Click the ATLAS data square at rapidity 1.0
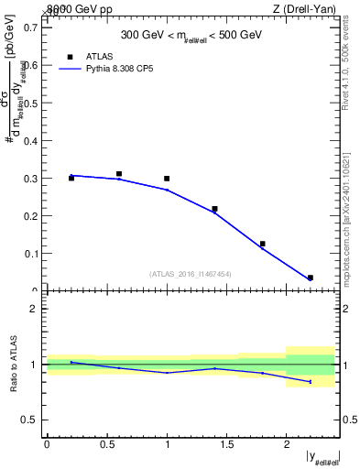pos(167,179)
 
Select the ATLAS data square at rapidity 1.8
pos(262,244)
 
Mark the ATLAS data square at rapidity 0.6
pos(119,173)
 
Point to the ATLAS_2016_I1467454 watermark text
pos(189,273)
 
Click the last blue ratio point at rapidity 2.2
pos(310,382)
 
